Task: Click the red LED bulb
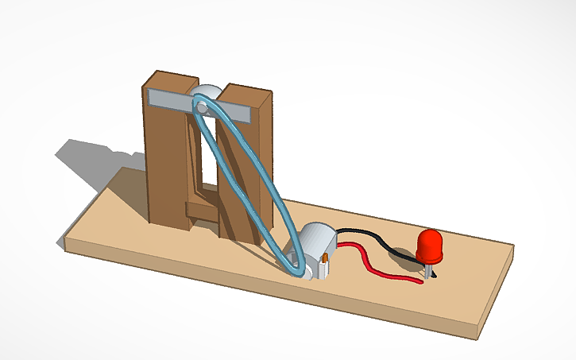tap(430, 246)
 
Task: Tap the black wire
tap(373, 235)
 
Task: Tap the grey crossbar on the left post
tap(168, 99)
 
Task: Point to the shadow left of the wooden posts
tap(95, 160)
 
